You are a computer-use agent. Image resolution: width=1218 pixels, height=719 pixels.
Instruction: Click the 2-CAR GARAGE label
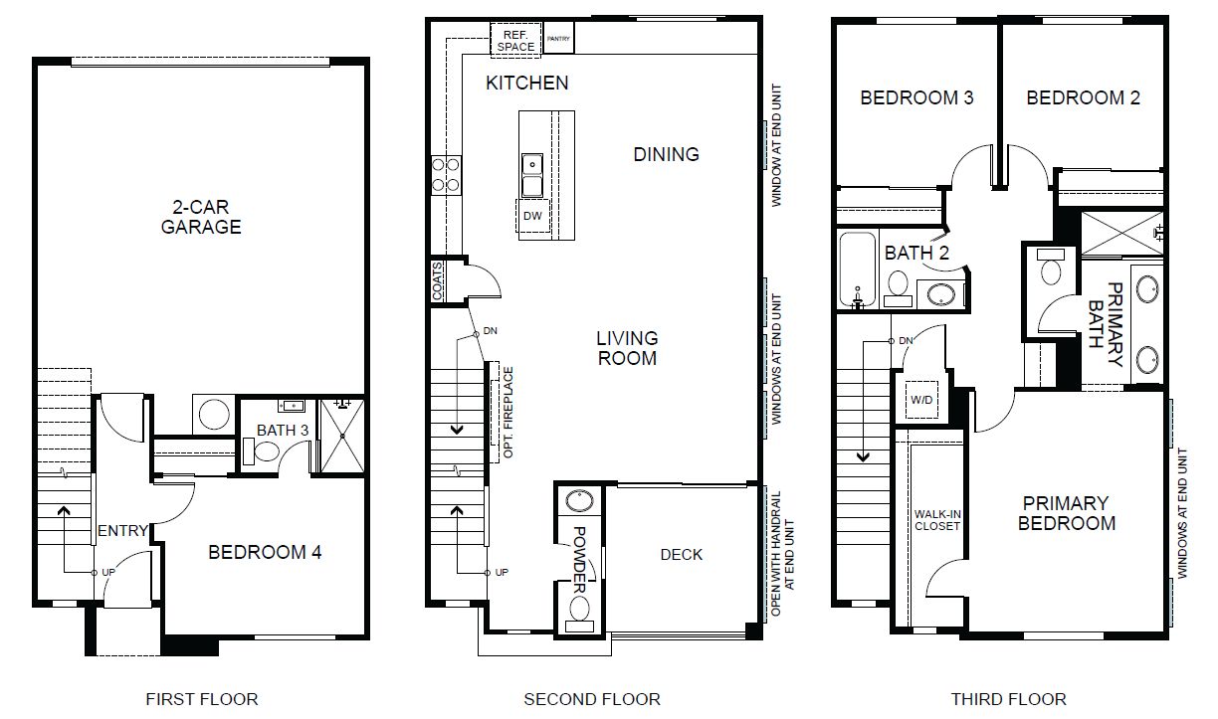pyautogui.click(x=201, y=217)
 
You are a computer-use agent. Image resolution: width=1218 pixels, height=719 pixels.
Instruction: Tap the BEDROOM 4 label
pyautogui.click(x=265, y=552)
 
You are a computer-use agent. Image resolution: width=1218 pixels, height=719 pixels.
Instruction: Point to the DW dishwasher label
pyautogui.click(x=532, y=216)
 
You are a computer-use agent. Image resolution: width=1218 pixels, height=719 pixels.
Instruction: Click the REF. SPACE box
pyautogui.click(x=515, y=38)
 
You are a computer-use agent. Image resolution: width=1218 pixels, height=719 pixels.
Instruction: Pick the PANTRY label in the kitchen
pyautogui.click(x=558, y=39)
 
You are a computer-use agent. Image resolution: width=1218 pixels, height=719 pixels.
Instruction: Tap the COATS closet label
pyautogui.click(x=438, y=280)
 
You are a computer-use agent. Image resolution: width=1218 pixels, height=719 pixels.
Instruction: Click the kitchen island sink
pyautogui.click(x=532, y=175)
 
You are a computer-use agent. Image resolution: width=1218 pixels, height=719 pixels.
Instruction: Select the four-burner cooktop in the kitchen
pyautogui.click(x=446, y=175)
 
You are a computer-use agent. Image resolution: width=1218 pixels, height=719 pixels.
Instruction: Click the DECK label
pyautogui.click(x=682, y=554)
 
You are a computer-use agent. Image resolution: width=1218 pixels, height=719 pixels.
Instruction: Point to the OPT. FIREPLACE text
pyautogui.click(x=507, y=413)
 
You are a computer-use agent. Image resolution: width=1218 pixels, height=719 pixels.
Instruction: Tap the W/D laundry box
pyautogui.click(x=921, y=400)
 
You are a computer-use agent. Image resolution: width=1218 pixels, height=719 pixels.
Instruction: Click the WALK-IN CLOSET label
pyautogui.click(x=937, y=520)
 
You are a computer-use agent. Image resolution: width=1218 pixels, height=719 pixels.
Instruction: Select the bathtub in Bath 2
pyautogui.click(x=858, y=270)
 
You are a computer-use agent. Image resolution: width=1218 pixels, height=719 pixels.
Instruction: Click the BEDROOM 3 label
pyautogui.click(x=916, y=97)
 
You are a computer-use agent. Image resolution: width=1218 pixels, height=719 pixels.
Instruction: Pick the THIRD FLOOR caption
pyautogui.click(x=1009, y=699)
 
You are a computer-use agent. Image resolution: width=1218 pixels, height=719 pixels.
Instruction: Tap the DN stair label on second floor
pyautogui.click(x=490, y=330)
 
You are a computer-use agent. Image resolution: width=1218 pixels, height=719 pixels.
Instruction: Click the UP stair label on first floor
pyautogui.click(x=108, y=572)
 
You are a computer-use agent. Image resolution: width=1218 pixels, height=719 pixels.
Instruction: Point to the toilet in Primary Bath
pyautogui.click(x=1051, y=267)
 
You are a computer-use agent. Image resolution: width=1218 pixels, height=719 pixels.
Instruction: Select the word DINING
pyautogui.click(x=666, y=154)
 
